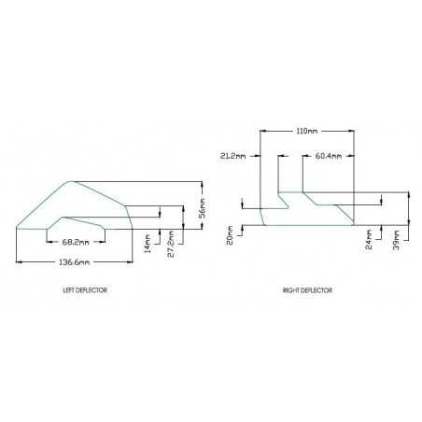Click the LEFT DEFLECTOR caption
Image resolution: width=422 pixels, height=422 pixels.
pos(83,290)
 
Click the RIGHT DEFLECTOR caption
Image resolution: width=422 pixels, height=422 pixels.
pos(307,290)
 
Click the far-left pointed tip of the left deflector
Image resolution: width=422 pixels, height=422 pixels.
pos(17,227)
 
